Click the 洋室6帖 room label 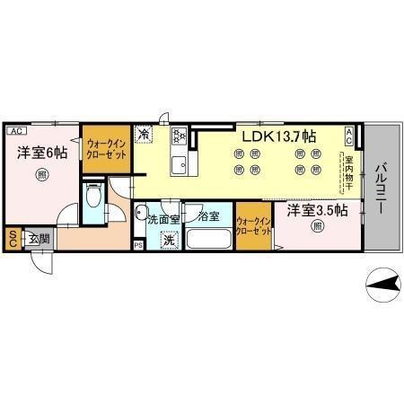pos(42,154)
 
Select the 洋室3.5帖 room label pos(318,211)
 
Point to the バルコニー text pos(381,189)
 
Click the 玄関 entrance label pos(38,238)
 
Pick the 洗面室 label pos(163,218)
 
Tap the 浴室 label pos(208,217)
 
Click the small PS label pos(137,244)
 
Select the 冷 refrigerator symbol pos(144,136)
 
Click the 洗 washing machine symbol pos(168,240)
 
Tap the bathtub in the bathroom pos(209,241)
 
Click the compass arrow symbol pos(384,285)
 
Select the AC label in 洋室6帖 pos(16,130)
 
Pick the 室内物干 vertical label pos(350,175)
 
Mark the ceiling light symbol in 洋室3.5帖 pos(318,227)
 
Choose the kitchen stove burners pos(178,136)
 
